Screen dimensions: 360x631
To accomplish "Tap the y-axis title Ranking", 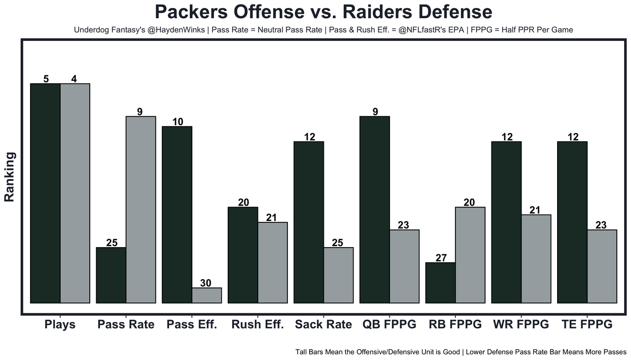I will [9, 177].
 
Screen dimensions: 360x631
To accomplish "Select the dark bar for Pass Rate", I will [111, 275].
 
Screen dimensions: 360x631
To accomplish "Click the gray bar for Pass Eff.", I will [207, 295].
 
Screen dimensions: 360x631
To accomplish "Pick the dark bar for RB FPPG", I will [440, 283].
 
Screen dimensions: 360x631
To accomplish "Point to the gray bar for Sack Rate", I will [338, 275].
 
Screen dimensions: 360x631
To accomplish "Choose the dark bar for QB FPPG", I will [375, 210].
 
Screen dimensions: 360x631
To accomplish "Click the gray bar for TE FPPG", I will [602, 266].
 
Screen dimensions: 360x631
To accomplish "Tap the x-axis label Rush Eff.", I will [257, 324].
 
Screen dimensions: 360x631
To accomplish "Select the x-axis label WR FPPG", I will [521, 324].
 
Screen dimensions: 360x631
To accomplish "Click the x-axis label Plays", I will [60, 324].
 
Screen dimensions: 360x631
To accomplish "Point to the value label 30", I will [206, 283].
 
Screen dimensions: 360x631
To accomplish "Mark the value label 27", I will [441, 258].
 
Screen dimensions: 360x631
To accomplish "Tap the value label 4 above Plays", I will [74, 79].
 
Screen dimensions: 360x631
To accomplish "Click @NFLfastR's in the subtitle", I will [423, 30].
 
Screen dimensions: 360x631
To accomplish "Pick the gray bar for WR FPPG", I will [536, 258].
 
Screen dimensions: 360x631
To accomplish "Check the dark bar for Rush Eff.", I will [243, 255].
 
